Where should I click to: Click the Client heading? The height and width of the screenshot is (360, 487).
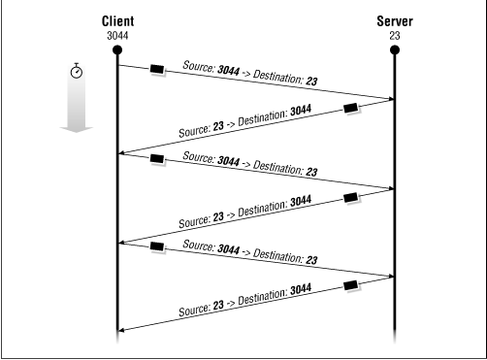(x=116, y=20)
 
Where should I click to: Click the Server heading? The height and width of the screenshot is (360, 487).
(x=394, y=20)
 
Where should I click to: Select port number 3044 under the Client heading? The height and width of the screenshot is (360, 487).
(x=116, y=34)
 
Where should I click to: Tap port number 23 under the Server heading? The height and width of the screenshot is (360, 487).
(x=394, y=34)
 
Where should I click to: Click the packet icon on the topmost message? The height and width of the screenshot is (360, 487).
(x=157, y=71)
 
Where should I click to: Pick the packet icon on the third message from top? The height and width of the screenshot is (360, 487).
(x=157, y=159)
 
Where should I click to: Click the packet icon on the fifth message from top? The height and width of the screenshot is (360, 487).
(x=157, y=246)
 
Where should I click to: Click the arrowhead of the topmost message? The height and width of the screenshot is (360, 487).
(x=390, y=98)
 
